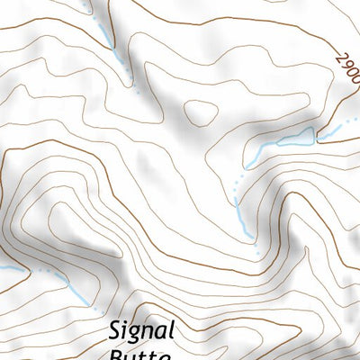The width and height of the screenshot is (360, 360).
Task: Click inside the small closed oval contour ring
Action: coord(200,112)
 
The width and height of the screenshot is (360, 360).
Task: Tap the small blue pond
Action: coord(296,138)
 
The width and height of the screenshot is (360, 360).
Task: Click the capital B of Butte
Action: coord(117,355)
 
